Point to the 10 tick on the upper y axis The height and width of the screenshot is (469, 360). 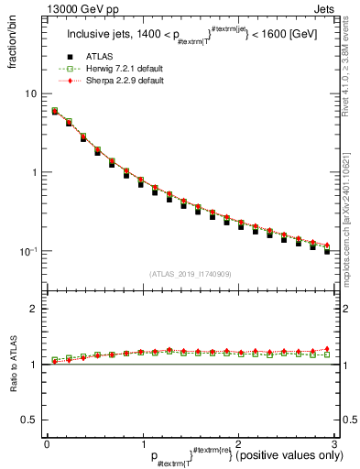coord(30,93)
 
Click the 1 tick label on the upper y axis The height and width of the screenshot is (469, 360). coord(33,172)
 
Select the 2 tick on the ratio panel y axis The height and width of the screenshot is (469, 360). coord(34,309)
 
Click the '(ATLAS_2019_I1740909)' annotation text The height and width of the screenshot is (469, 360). coord(190,274)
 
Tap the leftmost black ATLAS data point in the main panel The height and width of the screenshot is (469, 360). coord(54,112)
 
